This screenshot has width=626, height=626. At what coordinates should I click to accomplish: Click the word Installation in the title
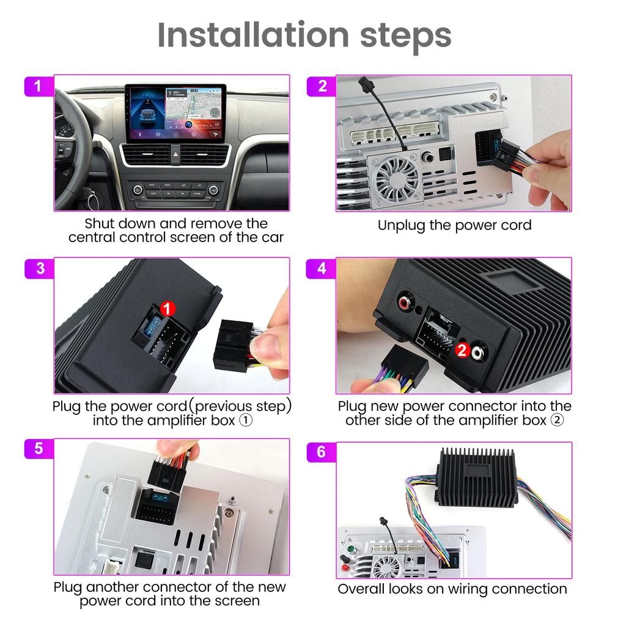point(234,35)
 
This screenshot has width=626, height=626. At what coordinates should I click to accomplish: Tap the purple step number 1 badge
point(38,86)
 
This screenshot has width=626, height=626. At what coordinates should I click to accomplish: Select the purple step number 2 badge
point(322,86)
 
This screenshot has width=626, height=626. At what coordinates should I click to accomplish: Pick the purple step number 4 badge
point(322,268)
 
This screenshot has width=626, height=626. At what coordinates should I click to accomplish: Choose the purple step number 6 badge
point(322,452)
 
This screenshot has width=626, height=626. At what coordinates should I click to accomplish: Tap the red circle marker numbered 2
point(462,350)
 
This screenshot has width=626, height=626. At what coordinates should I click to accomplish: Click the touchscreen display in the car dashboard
point(175,112)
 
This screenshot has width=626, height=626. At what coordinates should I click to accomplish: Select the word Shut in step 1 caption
point(100,223)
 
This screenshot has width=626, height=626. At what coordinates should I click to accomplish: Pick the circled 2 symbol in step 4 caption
point(557,421)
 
